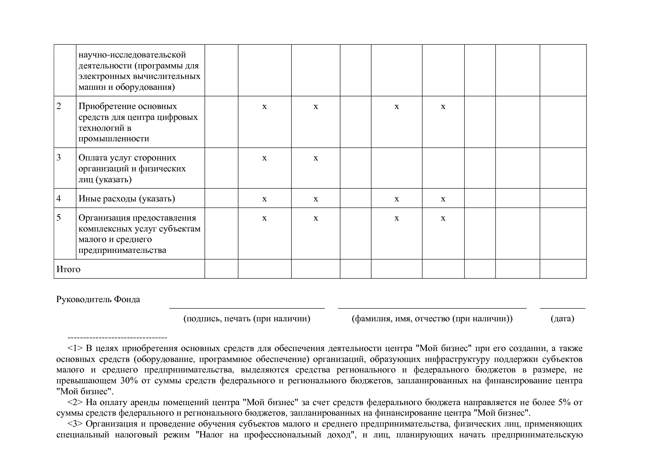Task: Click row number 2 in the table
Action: point(59,106)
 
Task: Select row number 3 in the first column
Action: point(59,158)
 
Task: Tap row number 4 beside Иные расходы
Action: point(59,198)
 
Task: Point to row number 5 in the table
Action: point(59,218)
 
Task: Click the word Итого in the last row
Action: point(68,269)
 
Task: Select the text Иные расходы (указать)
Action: point(127,198)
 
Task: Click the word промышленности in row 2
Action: point(114,139)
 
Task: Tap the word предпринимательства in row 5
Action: point(122,250)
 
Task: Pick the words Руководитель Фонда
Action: point(98,300)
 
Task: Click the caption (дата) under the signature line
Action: point(562,319)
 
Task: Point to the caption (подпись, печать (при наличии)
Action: point(247,319)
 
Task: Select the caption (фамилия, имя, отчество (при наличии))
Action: point(432,319)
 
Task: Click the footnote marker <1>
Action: point(75,348)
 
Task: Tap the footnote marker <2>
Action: point(75,402)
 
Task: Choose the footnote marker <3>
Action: point(75,424)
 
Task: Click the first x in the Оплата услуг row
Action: point(265,158)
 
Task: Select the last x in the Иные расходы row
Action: point(443,199)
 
